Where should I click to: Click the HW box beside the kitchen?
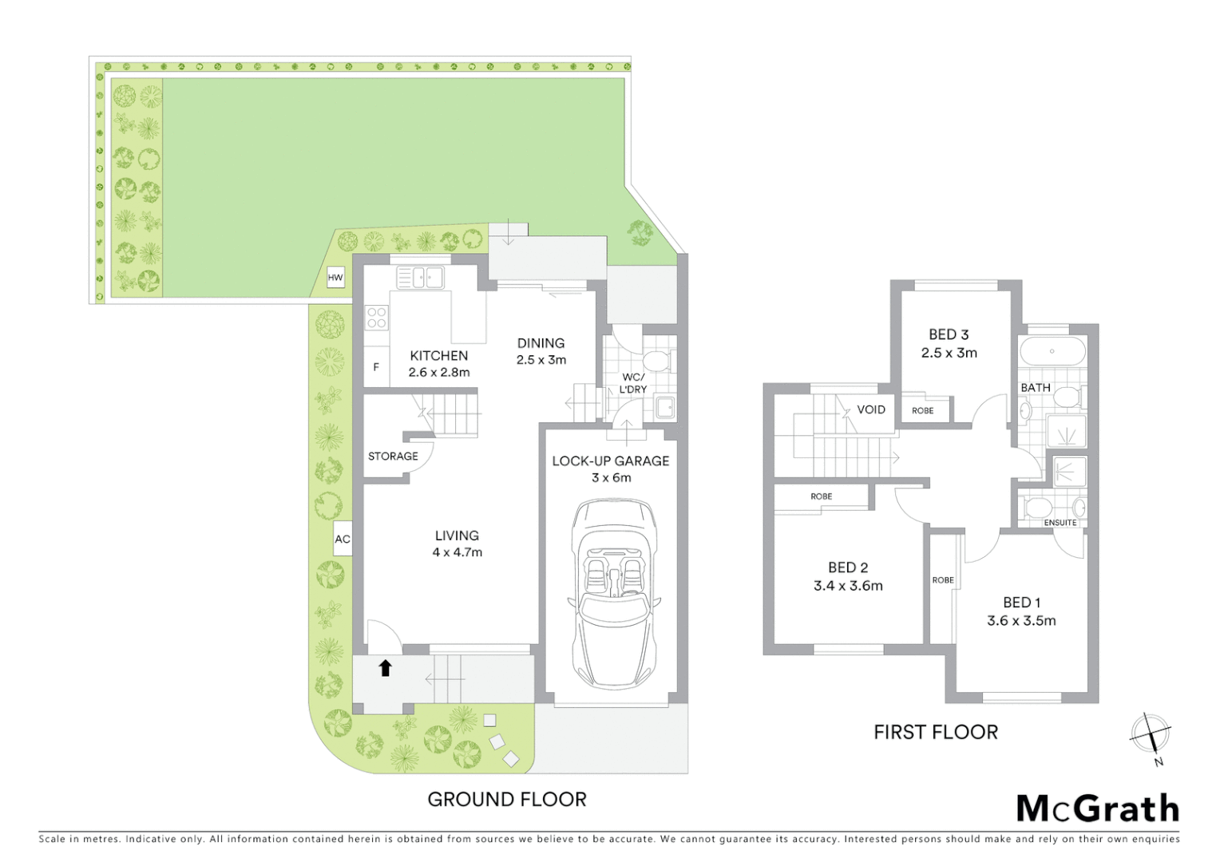tap(335, 278)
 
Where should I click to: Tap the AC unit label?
tap(343, 540)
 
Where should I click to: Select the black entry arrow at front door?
tap(385, 668)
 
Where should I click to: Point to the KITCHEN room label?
tap(438, 356)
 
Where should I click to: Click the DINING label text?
tap(541, 343)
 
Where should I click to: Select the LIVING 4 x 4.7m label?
tap(457, 544)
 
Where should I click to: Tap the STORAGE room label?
tap(393, 457)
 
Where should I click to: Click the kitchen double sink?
tap(420, 278)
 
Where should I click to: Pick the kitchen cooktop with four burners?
tap(377, 318)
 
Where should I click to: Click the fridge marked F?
tap(376, 368)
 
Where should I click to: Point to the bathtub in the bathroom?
tap(1052, 351)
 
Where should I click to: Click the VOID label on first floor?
tap(870, 409)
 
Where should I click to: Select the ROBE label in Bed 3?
tap(922, 411)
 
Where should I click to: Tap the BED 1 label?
tap(1021, 603)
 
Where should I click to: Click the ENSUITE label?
tap(1060, 523)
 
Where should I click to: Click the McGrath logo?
tap(1097, 809)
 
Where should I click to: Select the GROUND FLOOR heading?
tap(507, 800)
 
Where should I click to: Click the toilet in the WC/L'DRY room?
tap(658, 361)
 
